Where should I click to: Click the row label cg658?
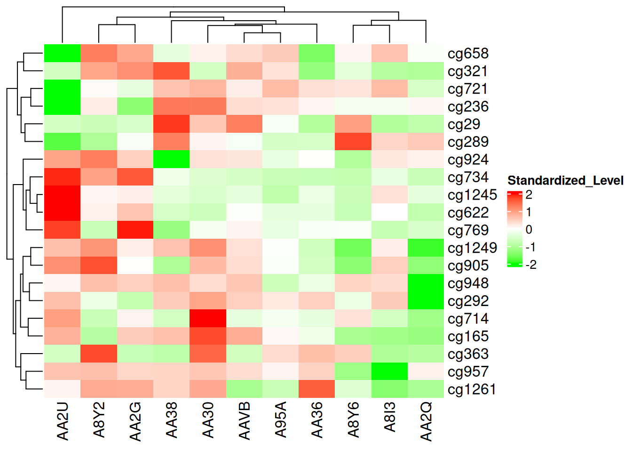(x=468, y=54)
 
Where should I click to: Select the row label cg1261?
(x=472, y=389)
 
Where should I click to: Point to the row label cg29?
(x=464, y=124)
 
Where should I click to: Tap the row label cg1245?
(x=472, y=195)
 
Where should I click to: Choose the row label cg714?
(x=468, y=319)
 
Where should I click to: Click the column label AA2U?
(x=63, y=421)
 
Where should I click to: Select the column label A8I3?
(x=389, y=417)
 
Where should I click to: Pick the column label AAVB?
(x=244, y=420)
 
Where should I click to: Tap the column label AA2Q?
(x=426, y=421)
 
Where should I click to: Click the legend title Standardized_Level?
(x=565, y=180)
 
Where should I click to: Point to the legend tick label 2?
(x=529, y=194)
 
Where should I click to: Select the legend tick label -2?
(x=531, y=265)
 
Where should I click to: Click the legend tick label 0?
(x=529, y=230)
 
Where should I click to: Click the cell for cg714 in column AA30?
(x=208, y=318)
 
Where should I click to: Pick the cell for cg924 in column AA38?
(x=172, y=160)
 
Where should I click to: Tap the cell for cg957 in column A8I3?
(x=389, y=371)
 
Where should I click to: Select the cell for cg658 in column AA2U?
(x=63, y=54)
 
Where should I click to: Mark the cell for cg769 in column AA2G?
(x=135, y=230)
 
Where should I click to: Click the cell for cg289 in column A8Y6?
(x=353, y=142)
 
